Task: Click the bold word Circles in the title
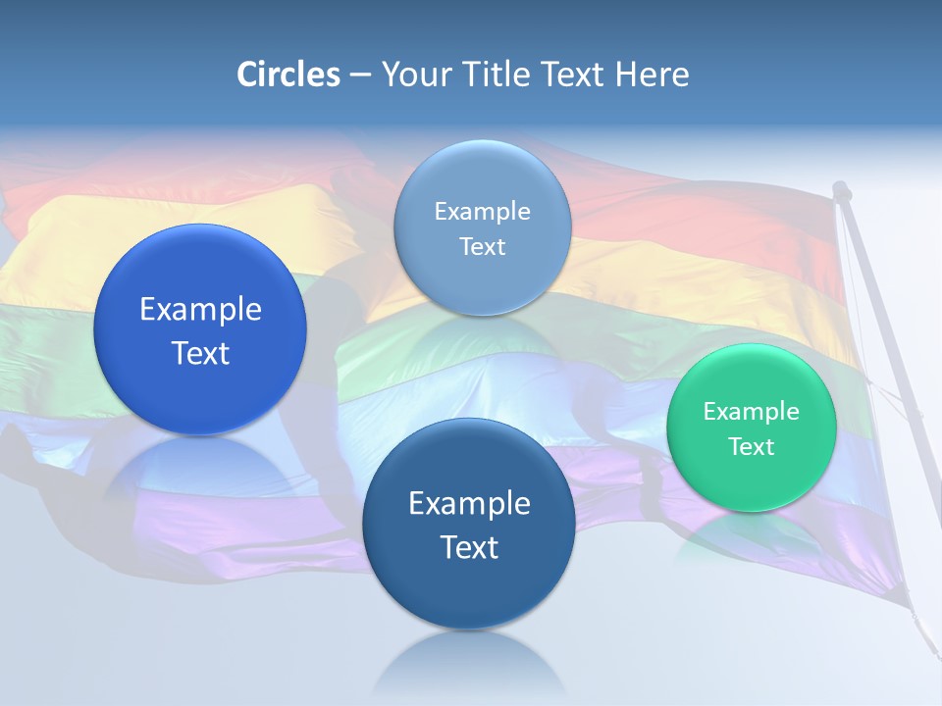pyautogui.click(x=288, y=75)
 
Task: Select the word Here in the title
pyautogui.click(x=652, y=75)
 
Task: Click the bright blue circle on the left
pyautogui.click(x=200, y=329)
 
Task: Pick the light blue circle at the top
pyautogui.click(x=482, y=228)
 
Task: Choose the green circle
pyautogui.click(x=751, y=428)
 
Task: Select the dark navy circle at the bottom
pyautogui.click(x=469, y=524)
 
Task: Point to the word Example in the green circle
pyautogui.click(x=751, y=412)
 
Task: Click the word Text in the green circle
pyautogui.click(x=751, y=447)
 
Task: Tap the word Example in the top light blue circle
pyautogui.click(x=482, y=212)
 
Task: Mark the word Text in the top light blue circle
pyautogui.click(x=482, y=247)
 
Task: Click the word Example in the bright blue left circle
pyautogui.click(x=200, y=310)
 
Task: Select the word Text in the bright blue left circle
pyautogui.click(x=200, y=353)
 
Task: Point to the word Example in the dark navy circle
pyautogui.click(x=469, y=504)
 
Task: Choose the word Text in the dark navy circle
pyautogui.click(x=469, y=547)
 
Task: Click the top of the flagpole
pyautogui.click(x=841, y=188)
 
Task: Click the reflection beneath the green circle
pyautogui.click(x=751, y=534)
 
